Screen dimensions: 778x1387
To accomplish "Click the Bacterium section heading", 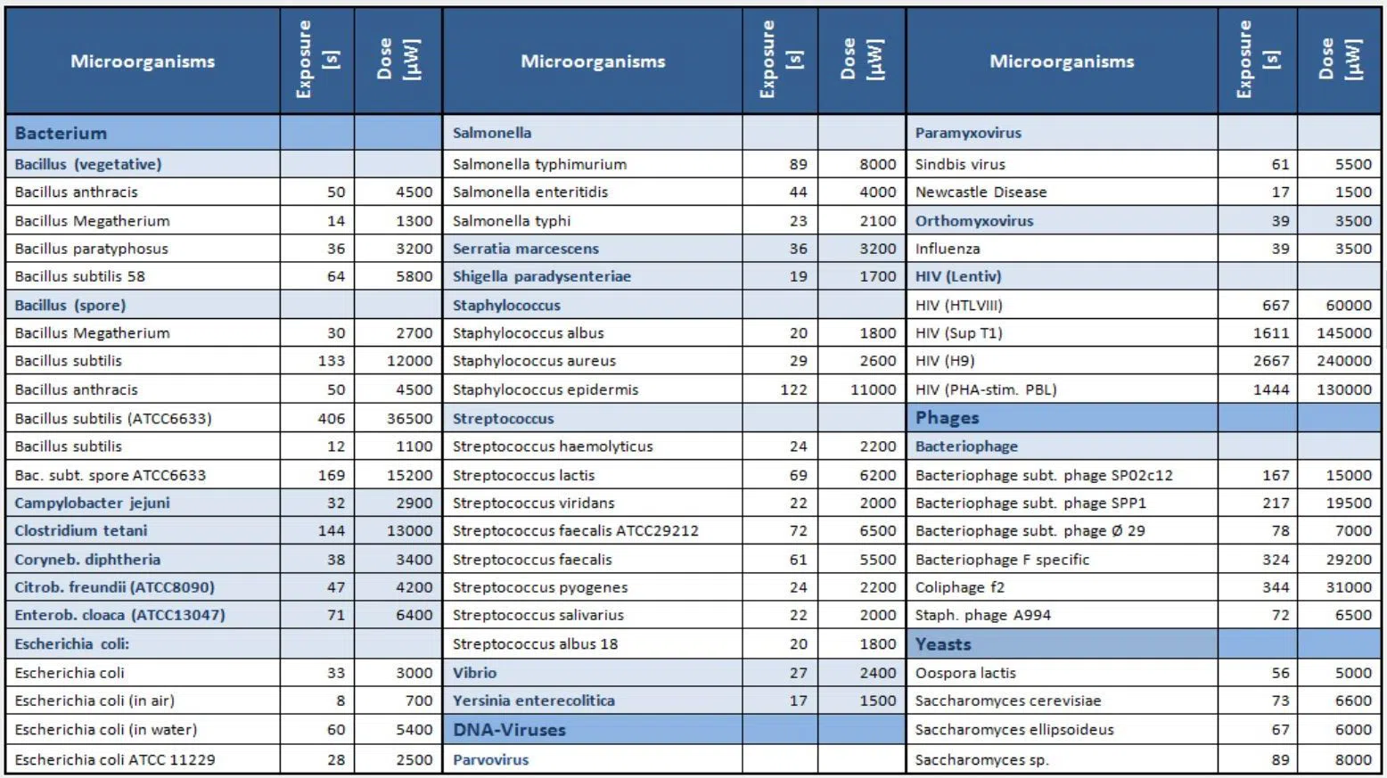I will click(x=61, y=134).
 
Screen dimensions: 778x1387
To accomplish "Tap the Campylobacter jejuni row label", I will click(x=92, y=503).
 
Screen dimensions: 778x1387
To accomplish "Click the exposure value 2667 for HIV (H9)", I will click(x=1270, y=361).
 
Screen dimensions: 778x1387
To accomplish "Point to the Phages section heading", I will click(x=947, y=418).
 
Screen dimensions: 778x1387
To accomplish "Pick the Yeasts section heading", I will click(x=943, y=644).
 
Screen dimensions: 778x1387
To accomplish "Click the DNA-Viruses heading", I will click(x=509, y=730).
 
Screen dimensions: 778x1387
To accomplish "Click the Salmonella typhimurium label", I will click(x=539, y=164).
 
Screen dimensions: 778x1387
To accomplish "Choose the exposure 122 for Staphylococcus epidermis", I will click(x=792, y=389).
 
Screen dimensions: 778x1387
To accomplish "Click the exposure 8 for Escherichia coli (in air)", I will click(x=340, y=700).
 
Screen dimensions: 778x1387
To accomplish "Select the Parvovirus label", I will click(x=490, y=760).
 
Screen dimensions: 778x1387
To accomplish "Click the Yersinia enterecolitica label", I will click(x=533, y=700).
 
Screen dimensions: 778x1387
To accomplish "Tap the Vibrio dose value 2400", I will click(x=877, y=673).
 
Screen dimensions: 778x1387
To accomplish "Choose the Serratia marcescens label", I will click(x=525, y=249).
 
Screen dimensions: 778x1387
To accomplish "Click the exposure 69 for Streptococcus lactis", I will click(x=798, y=475).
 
